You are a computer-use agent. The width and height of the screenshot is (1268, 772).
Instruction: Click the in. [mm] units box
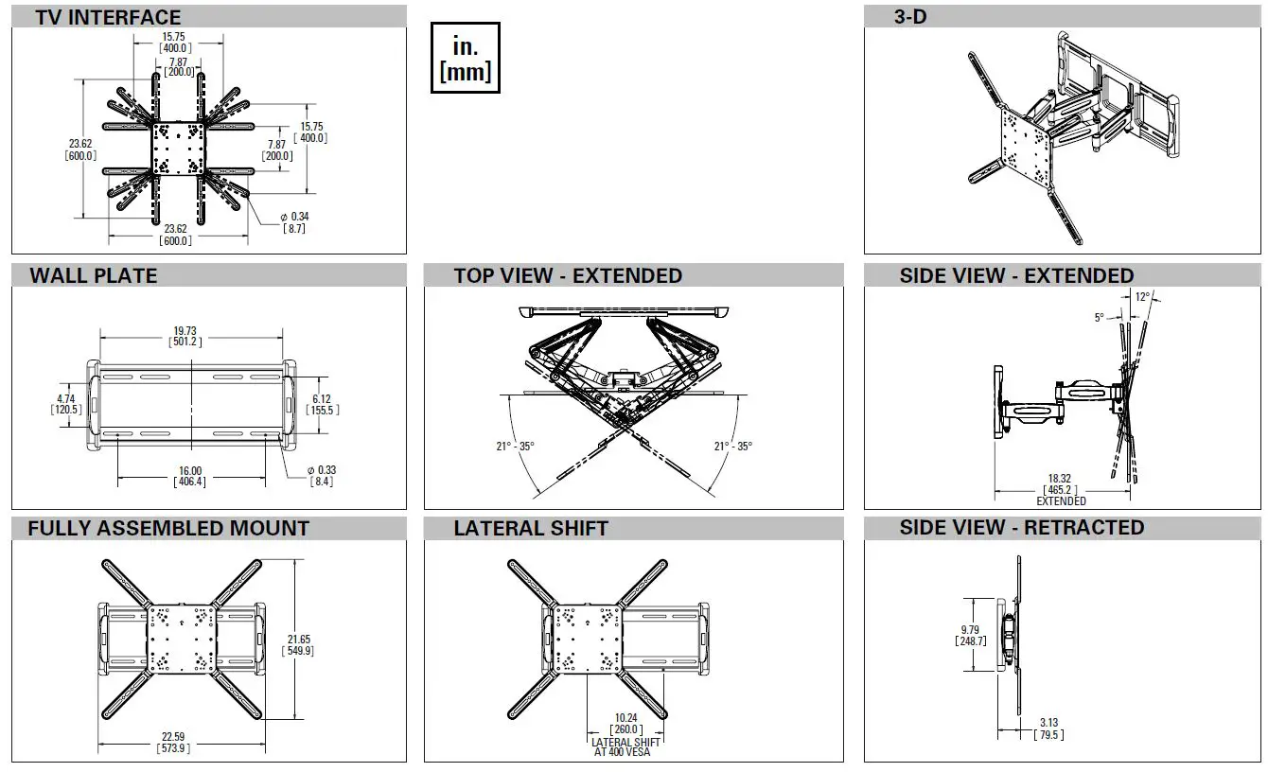pyautogui.click(x=465, y=59)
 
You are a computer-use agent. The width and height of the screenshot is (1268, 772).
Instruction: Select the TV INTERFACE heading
pyautogui.click(x=108, y=17)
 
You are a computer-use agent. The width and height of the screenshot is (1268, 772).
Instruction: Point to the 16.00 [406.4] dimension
pyautogui.click(x=189, y=476)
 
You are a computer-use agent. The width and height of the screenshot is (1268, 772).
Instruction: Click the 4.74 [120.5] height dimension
pyautogui.click(x=65, y=404)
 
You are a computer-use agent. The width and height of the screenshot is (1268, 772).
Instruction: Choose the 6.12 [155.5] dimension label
pyautogui.click(x=323, y=404)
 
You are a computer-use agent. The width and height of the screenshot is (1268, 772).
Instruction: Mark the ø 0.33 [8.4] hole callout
pyautogui.click(x=322, y=475)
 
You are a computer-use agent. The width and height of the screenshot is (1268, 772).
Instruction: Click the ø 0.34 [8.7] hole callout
pyautogui.click(x=294, y=222)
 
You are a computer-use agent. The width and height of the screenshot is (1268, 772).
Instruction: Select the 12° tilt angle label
pyautogui.click(x=1142, y=297)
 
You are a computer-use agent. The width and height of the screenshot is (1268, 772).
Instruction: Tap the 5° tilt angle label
pyautogui.click(x=1099, y=318)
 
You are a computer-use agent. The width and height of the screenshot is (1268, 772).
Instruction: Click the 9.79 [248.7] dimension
pyautogui.click(x=971, y=635)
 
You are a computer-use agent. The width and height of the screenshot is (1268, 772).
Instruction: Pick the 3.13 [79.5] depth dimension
pyautogui.click(x=1048, y=728)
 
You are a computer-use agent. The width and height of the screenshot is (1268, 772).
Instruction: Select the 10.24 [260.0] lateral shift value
pyautogui.click(x=625, y=724)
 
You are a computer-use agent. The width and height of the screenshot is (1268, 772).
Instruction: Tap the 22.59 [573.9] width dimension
pyautogui.click(x=172, y=743)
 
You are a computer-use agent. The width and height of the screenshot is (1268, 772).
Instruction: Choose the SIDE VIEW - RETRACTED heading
pyautogui.click(x=1021, y=527)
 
